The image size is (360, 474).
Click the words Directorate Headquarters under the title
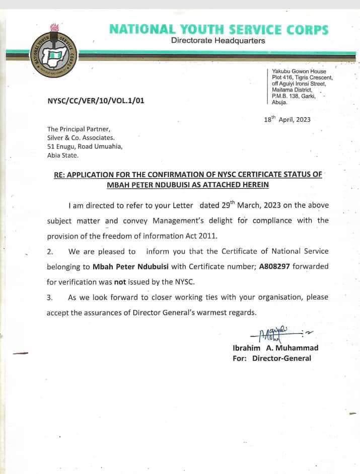[x=218, y=41]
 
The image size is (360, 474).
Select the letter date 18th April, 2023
[x=287, y=119]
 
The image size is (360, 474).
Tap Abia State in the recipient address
[x=63, y=155]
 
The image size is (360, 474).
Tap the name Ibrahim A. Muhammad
[x=275, y=348]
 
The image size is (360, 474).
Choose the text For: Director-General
[x=272, y=358]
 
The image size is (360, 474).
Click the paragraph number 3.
[x=49, y=298]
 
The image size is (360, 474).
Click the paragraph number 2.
[x=49, y=252]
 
